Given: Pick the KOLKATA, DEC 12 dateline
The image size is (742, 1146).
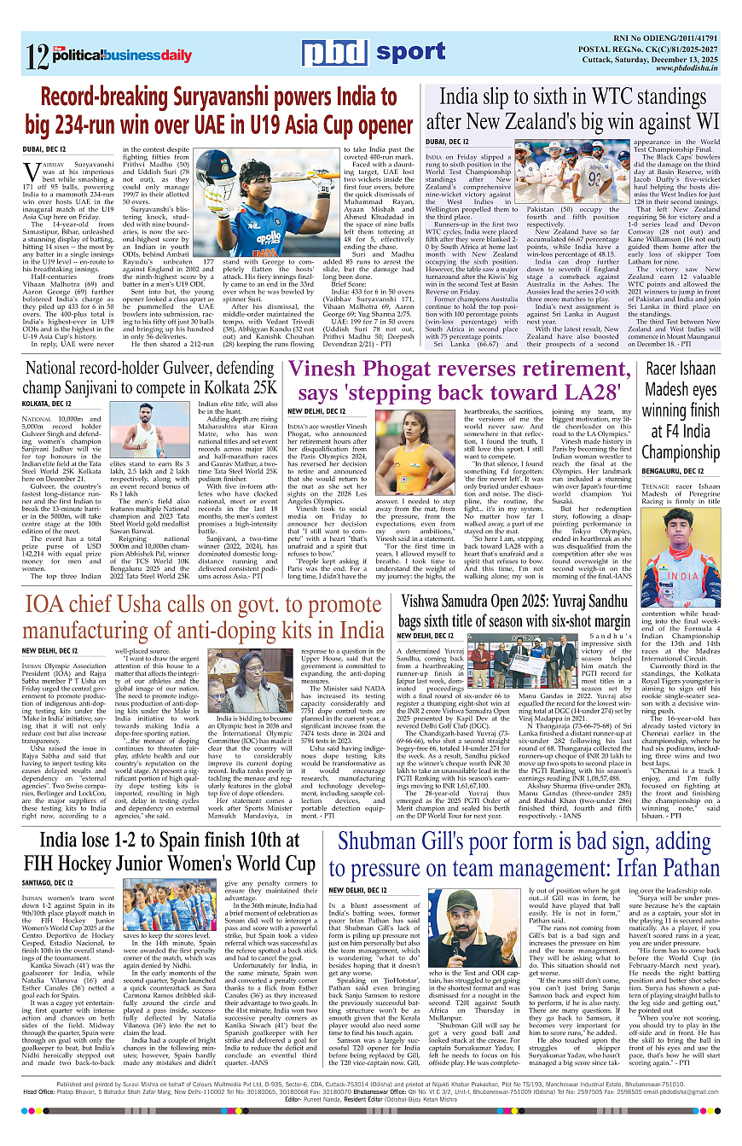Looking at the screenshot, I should [47, 402].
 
